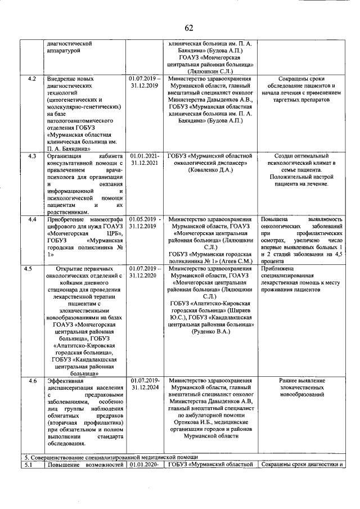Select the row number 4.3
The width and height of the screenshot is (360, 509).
tap(32, 156)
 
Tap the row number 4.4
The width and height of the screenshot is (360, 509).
tap(32, 219)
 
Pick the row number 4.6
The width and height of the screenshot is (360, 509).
tap(32, 381)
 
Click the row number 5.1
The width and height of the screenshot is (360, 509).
tap(32, 465)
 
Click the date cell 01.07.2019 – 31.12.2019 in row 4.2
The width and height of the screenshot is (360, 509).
tap(145, 83)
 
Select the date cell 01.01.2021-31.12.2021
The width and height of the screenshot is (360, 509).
tap(145, 159)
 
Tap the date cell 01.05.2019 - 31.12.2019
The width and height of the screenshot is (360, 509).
tap(145, 222)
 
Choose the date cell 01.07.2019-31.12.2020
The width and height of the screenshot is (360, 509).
tap(145, 272)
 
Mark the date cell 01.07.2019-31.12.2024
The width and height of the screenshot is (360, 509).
tap(145, 384)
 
